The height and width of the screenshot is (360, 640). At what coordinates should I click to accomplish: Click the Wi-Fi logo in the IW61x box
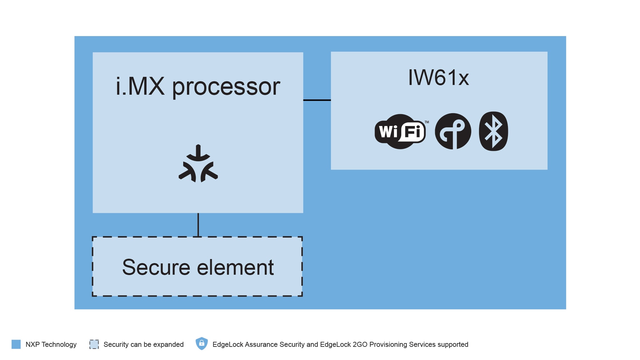tap(400, 132)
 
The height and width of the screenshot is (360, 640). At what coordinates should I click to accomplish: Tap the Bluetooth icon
tap(493, 131)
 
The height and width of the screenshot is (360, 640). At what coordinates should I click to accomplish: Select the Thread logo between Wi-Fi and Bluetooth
tap(453, 131)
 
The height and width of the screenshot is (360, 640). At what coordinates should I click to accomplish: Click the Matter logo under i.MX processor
tap(198, 164)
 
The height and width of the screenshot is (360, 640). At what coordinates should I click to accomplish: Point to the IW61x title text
tap(438, 78)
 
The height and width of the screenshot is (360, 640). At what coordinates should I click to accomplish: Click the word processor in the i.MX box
tap(226, 87)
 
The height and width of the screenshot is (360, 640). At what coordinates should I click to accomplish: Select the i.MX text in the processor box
tap(140, 87)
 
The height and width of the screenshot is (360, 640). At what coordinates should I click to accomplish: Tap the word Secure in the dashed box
tap(156, 267)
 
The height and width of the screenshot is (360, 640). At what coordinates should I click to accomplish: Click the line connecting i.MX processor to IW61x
tap(317, 100)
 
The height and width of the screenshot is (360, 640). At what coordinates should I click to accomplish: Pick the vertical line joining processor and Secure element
tap(198, 225)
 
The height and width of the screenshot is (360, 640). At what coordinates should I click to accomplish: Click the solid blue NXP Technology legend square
tap(16, 344)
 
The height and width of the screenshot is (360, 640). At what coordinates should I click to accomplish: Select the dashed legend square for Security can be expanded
tap(94, 344)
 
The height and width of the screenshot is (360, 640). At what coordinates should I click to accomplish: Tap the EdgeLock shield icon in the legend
tap(202, 344)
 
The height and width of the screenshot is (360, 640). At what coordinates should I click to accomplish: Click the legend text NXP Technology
tap(51, 344)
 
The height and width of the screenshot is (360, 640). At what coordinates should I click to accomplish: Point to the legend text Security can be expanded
tap(143, 344)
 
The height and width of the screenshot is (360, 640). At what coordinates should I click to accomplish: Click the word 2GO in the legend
tap(360, 344)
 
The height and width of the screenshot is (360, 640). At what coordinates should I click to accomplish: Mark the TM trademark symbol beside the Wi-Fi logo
tap(427, 122)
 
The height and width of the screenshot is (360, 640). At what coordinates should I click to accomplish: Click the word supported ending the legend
tap(452, 345)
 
